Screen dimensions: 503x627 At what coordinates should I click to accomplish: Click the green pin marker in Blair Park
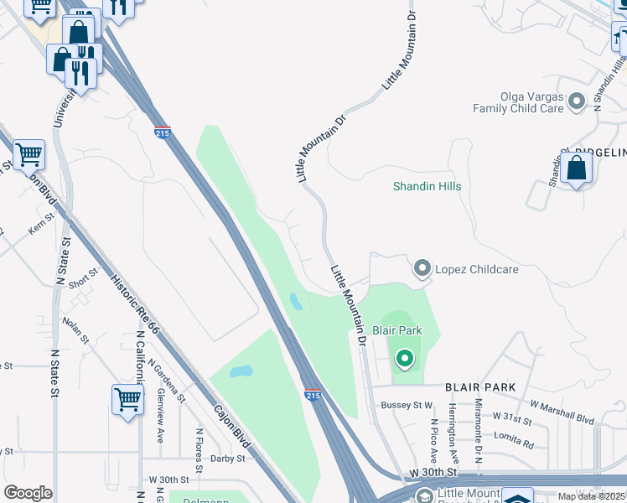pos(405,360)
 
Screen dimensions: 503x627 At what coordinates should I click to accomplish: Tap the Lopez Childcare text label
pos(477,269)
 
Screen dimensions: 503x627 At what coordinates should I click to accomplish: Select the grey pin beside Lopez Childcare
pos(422,269)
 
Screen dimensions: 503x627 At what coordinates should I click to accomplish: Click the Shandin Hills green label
pos(427,186)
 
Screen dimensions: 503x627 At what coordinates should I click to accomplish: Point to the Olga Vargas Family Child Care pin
pos(576,102)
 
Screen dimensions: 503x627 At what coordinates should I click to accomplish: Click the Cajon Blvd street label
pos(232,436)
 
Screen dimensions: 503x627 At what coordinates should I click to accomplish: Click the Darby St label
pos(227,459)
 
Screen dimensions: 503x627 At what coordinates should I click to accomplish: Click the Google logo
pos(28,493)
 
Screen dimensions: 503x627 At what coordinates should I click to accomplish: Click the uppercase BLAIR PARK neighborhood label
pos(480,387)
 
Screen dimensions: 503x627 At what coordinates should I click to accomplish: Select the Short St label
pos(85,278)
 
